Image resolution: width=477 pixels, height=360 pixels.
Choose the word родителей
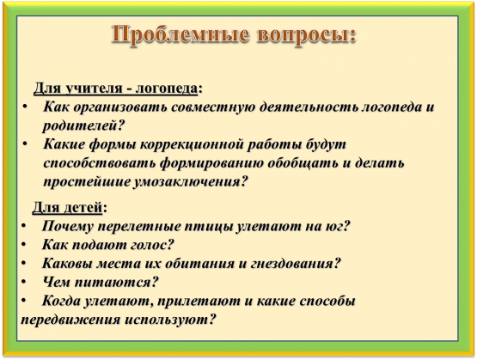tap(79, 125)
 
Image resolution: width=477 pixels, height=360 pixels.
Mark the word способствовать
tap(100, 163)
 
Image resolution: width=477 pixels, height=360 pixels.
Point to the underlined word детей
tap(83, 208)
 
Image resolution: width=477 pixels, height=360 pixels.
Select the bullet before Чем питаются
tap(24, 283)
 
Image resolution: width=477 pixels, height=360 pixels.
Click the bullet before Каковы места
tap(24, 263)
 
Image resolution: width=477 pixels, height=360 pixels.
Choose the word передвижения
tap(70, 320)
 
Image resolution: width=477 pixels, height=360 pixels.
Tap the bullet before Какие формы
tap(25, 144)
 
